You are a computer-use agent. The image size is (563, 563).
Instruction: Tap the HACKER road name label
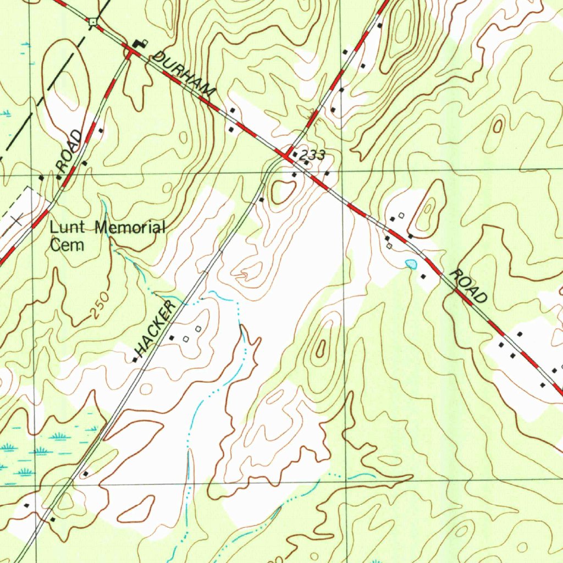[x=156, y=328]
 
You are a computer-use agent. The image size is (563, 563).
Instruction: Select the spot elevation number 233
[x=312, y=156]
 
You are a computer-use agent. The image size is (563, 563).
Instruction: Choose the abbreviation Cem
[x=66, y=245]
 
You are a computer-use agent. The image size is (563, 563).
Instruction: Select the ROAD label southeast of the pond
[x=468, y=286]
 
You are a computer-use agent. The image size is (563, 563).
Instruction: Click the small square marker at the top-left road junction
[x=94, y=21]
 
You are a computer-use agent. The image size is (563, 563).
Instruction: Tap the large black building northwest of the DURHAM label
[x=139, y=44]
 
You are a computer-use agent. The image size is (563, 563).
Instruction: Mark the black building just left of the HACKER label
[x=135, y=360]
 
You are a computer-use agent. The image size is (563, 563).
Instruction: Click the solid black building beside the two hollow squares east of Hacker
[x=172, y=337]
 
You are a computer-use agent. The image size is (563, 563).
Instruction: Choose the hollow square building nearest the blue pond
[x=389, y=246]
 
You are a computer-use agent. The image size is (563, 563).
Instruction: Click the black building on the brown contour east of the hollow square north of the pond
[x=411, y=236]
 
